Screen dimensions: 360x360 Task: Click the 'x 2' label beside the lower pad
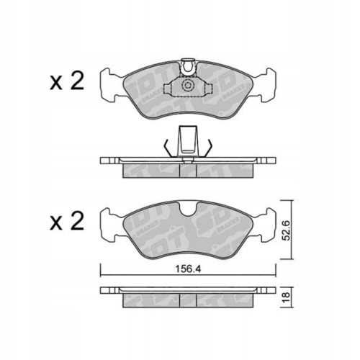point(67,220)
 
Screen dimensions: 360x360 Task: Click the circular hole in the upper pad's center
point(188,86)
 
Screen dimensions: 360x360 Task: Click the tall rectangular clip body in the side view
point(189,140)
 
